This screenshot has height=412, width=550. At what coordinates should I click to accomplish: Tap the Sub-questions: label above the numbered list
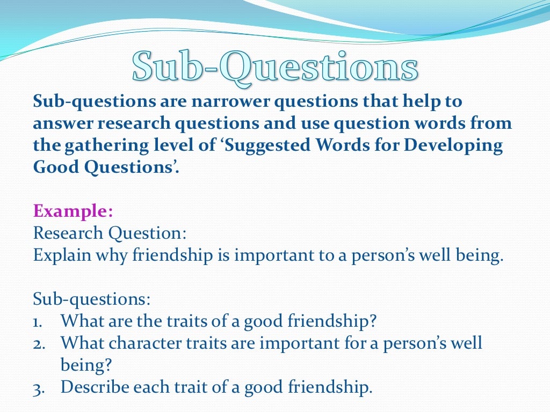pos(91,298)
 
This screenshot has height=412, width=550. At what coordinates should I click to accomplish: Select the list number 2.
pos(39,343)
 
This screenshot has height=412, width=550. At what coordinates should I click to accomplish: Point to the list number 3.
pos(39,387)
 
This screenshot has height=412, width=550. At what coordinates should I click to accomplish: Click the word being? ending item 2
pos(86,365)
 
